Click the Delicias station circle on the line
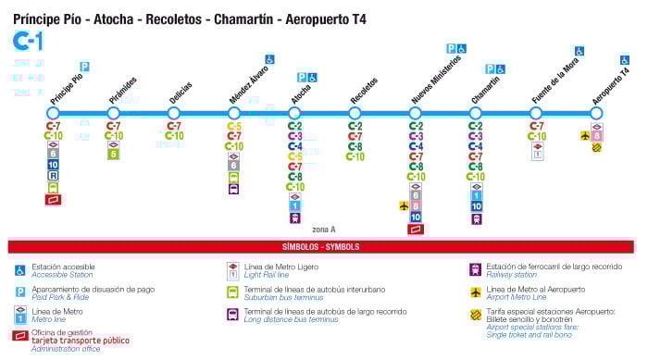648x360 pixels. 173,113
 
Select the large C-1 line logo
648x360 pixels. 27,41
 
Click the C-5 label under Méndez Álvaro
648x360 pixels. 234,126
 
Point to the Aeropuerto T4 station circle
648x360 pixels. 597,113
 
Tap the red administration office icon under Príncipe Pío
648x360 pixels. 53,198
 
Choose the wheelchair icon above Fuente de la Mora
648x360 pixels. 579,51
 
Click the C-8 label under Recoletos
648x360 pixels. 355,146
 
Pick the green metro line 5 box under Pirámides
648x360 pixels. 113,155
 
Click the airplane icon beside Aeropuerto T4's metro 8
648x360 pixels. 584,136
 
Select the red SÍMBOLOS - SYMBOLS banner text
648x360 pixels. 320,247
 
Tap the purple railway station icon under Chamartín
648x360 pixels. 476,218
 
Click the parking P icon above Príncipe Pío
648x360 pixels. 84,67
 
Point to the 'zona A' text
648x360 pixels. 324,229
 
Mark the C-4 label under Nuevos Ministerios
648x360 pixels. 416,146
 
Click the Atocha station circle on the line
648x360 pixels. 294,113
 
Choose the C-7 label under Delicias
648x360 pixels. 174,126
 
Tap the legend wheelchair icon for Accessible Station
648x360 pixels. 19,270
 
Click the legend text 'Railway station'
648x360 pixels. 513,274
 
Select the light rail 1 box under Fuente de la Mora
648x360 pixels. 536,155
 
